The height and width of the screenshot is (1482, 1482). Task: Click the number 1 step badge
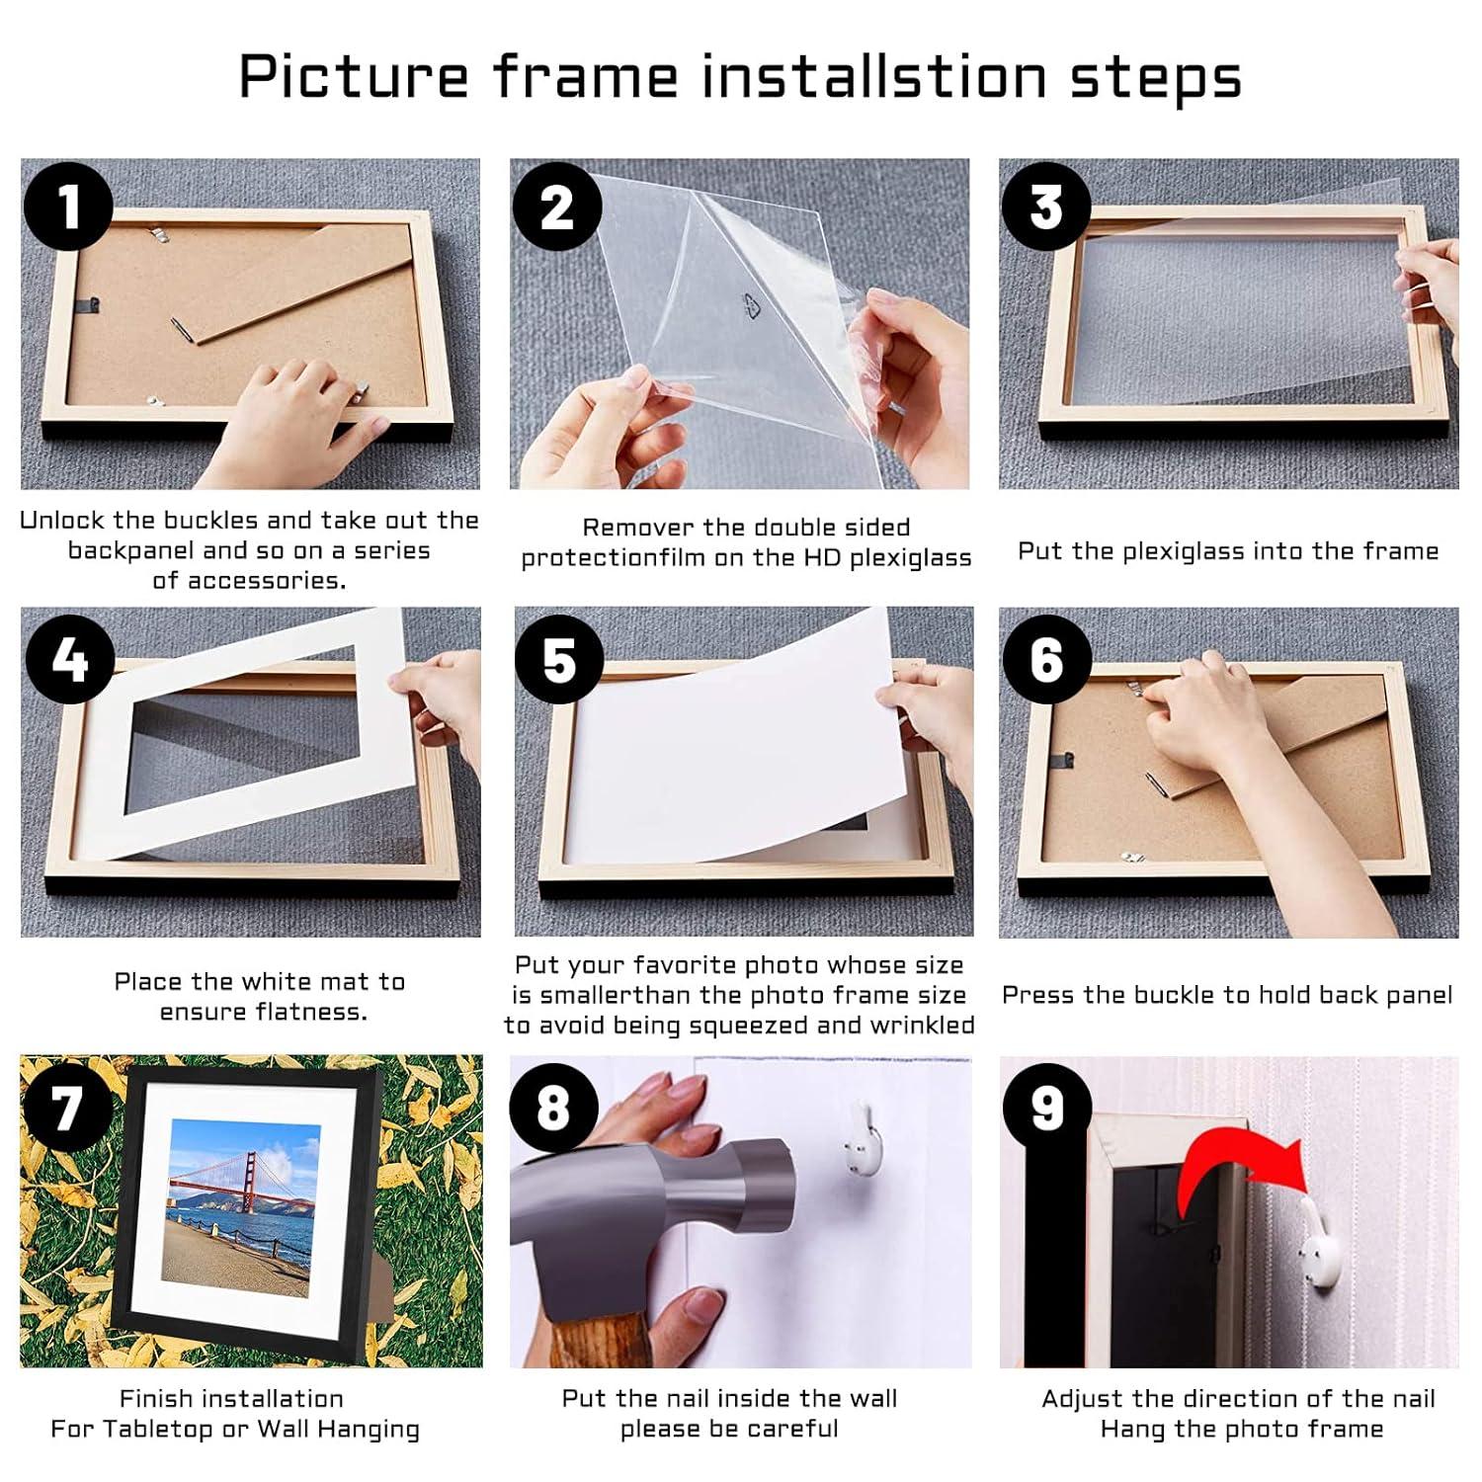coord(67,206)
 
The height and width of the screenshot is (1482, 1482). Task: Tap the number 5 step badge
coord(558,659)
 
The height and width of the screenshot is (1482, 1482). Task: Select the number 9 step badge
coord(1046,1108)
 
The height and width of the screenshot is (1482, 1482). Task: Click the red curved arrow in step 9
coord(1235,1176)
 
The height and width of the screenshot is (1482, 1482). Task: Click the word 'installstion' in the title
coord(873,76)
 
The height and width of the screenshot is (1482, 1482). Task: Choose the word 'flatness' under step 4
coord(310,1012)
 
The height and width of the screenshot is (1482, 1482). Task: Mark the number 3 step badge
coord(1046,206)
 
